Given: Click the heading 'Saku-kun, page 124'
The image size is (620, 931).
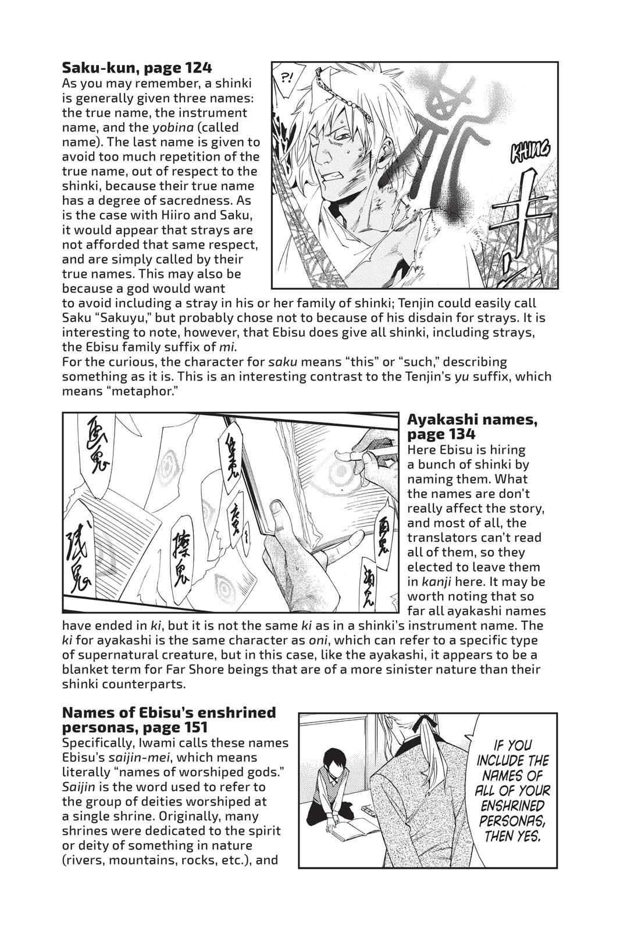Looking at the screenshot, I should [x=121, y=67].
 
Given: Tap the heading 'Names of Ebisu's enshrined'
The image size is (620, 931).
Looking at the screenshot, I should [x=169, y=712].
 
